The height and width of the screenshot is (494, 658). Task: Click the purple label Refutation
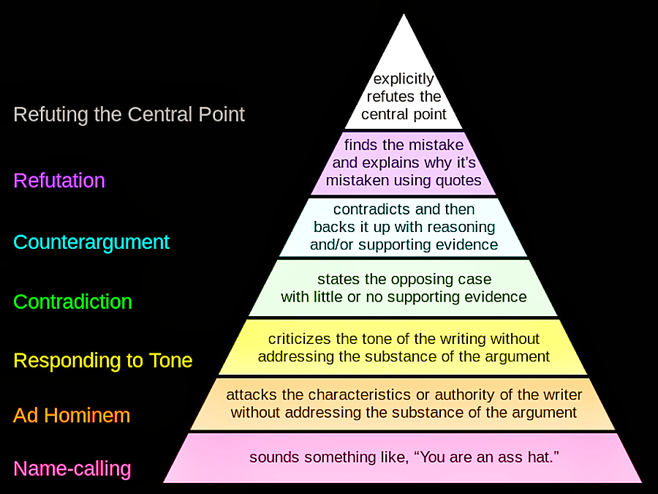[59, 180]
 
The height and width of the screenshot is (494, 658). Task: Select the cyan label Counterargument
[91, 242]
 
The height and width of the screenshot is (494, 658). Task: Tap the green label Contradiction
[73, 301]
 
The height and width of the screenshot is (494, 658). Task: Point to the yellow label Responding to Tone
[103, 360]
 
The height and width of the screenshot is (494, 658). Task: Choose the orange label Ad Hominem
[72, 415]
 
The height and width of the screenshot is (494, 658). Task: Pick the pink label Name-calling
[72, 468]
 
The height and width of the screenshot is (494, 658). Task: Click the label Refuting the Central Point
[129, 114]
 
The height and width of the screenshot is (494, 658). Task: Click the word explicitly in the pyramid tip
[404, 79]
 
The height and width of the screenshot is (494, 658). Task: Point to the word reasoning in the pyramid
[462, 227]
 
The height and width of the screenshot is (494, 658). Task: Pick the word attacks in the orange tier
[249, 394]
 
